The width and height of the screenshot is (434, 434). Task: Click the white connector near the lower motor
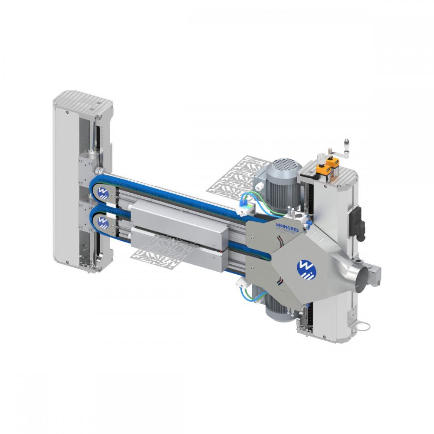click(240, 282)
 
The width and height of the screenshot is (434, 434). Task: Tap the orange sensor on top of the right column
click(333, 163)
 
